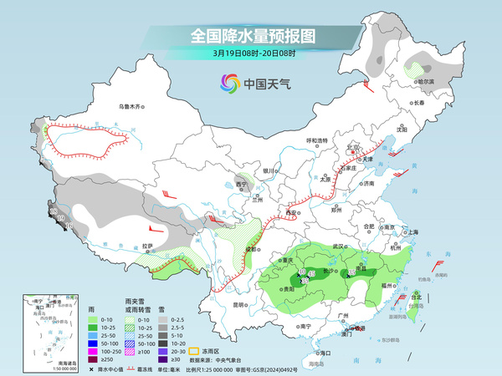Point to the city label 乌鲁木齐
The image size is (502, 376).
(131, 107)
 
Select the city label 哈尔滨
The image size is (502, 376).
(427, 82)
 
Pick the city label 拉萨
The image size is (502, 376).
(147, 246)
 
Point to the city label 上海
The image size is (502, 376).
(412, 231)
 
